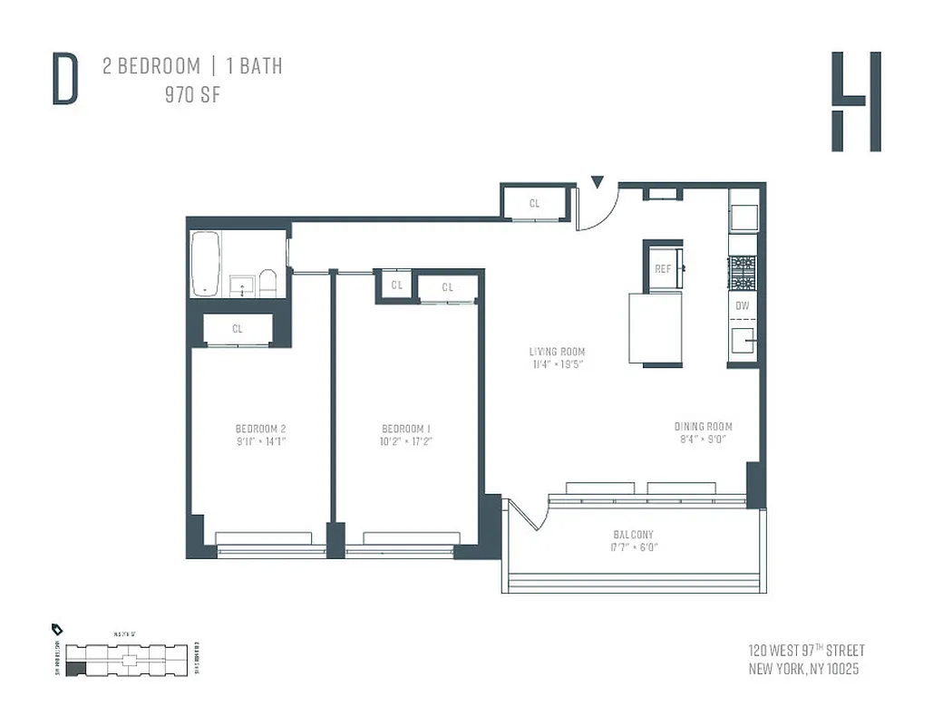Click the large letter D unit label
pos(64,80)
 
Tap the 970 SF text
pos(191,95)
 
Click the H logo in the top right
pos(856,101)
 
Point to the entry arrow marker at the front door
pos(596,183)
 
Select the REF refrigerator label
pos(663,269)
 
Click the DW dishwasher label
pos(742,305)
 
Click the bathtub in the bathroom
pos(206,264)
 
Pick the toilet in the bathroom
pos(267,282)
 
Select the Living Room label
pos(558,352)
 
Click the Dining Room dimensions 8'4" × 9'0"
pos(703,440)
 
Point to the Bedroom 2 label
pos(260,428)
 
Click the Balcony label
pos(632,535)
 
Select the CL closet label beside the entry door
pos(534,204)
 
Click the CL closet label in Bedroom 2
pos(237,329)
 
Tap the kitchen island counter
pos(655,327)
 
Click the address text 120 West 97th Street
pos(806,651)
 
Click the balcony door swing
pos(530,515)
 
